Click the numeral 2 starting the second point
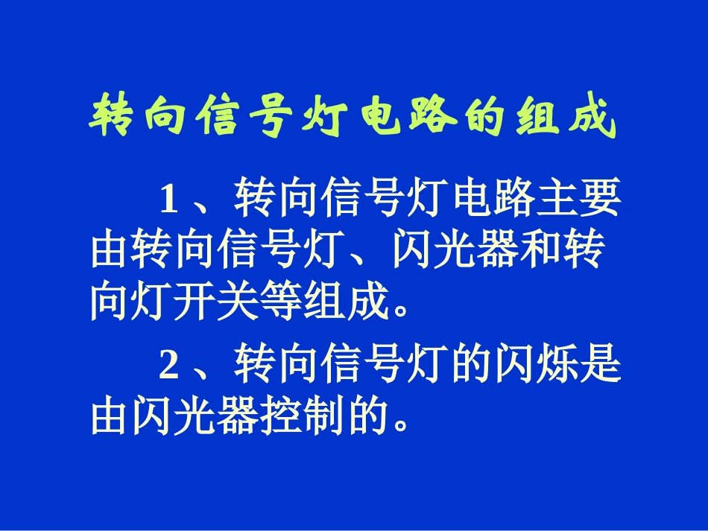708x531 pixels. [x=169, y=364]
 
